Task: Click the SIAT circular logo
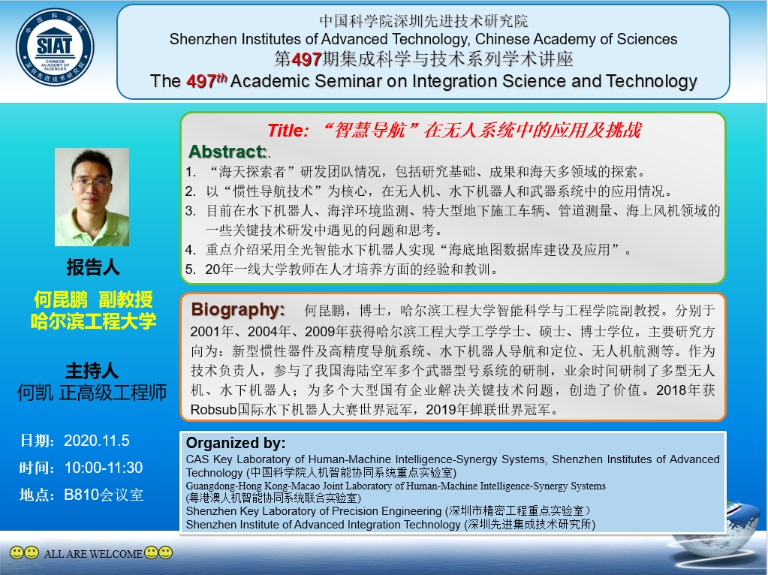point(55,47)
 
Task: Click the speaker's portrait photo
point(92,197)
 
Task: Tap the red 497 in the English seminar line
point(201,81)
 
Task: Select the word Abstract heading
point(227,152)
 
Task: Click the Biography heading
point(238,309)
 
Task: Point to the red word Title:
point(288,131)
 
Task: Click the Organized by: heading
point(236,443)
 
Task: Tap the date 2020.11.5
point(97,441)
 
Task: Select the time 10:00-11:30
point(104,468)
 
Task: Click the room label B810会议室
point(104,495)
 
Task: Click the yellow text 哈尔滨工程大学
point(93,321)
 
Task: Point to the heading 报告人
point(93,267)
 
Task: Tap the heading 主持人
point(92,371)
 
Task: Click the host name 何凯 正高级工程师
point(92,393)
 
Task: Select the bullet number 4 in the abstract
point(190,250)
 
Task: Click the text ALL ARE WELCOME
point(93,554)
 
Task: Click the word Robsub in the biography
point(213,409)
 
